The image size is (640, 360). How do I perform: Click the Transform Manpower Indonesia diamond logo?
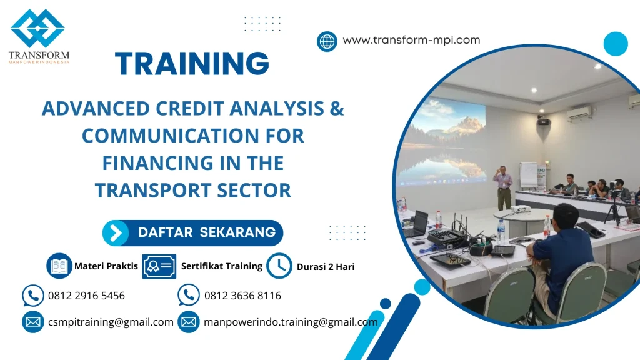click(x=37, y=29)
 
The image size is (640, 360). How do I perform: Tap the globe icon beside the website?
click(x=327, y=41)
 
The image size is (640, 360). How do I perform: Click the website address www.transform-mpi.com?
click(x=411, y=40)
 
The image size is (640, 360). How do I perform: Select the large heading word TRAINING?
click(x=192, y=64)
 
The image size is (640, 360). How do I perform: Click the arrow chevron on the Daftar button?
click(x=116, y=233)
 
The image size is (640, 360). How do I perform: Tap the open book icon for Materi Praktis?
click(x=59, y=266)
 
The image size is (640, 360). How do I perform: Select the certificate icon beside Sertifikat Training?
click(x=159, y=266)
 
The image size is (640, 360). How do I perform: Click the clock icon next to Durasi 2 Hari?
click(x=279, y=266)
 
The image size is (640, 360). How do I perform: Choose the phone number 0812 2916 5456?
click(x=86, y=296)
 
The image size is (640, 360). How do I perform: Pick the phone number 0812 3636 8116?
click(x=242, y=296)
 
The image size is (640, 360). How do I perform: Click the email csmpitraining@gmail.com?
click(x=111, y=322)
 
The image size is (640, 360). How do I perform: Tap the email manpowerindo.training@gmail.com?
click(x=291, y=322)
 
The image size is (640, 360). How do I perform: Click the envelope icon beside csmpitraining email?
click(x=32, y=322)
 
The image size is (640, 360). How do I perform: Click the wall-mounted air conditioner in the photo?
click(x=579, y=114)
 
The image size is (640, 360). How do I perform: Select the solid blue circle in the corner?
click(x=616, y=44)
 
